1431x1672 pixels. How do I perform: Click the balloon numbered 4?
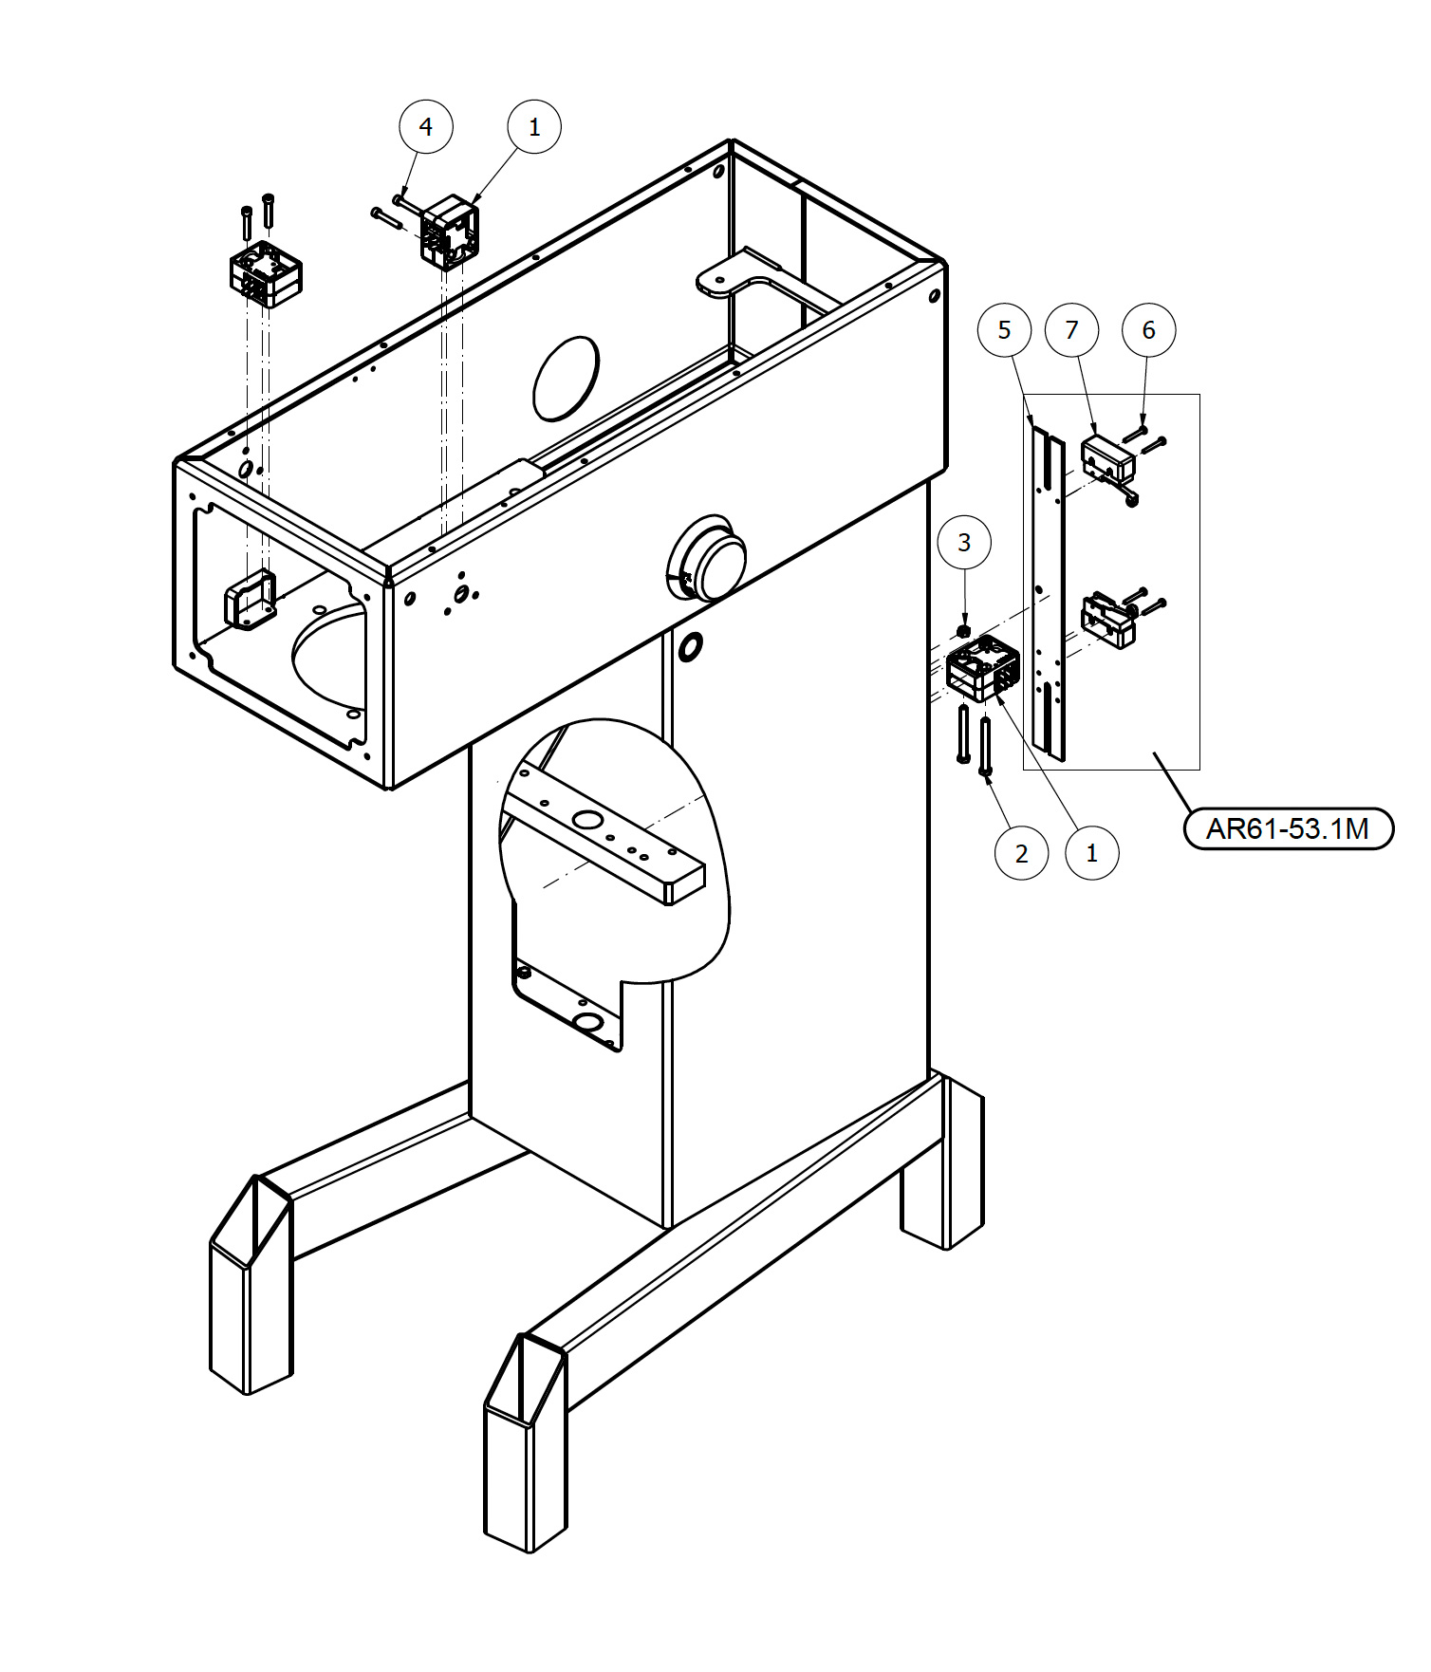(x=425, y=126)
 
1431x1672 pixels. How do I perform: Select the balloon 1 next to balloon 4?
(x=534, y=126)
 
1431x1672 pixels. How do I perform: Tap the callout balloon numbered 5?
(x=1004, y=329)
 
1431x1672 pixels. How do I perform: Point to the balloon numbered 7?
(x=1071, y=329)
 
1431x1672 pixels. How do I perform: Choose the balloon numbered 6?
(x=1148, y=329)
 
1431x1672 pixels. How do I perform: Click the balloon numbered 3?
(x=964, y=542)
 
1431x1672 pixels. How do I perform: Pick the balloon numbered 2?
(x=1021, y=853)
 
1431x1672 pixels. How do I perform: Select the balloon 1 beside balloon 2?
(x=1091, y=853)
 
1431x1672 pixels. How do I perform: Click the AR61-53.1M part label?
(x=1288, y=828)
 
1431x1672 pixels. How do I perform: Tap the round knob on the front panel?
(x=707, y=558)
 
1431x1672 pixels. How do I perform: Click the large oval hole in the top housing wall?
(x=566, y=378)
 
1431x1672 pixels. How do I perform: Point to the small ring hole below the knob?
(x=690, y=646)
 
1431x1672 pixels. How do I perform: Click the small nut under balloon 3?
(x=963, y=630)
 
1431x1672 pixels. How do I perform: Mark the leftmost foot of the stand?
(x=251, y=1285)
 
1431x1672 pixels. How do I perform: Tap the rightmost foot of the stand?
(x=942, y=1161)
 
